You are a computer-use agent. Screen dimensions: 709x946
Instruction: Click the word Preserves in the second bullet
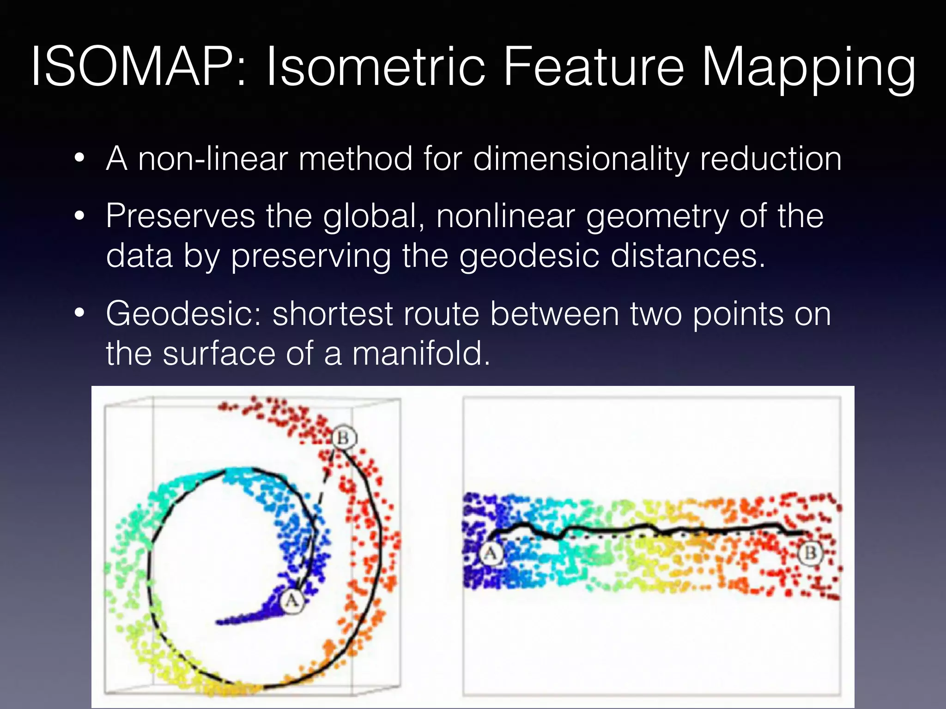click(x=180, y=216)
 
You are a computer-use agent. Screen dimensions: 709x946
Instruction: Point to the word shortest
click(x=333, y=314)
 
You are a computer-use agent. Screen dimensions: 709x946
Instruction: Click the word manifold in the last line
click(x=420, y=354)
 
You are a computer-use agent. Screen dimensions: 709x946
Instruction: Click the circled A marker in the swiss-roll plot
click(x=292, y=601)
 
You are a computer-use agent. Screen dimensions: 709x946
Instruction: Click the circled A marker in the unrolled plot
click(x=491, y=553)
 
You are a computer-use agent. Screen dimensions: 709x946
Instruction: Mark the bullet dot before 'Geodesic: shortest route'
click(x=79, y=314)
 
